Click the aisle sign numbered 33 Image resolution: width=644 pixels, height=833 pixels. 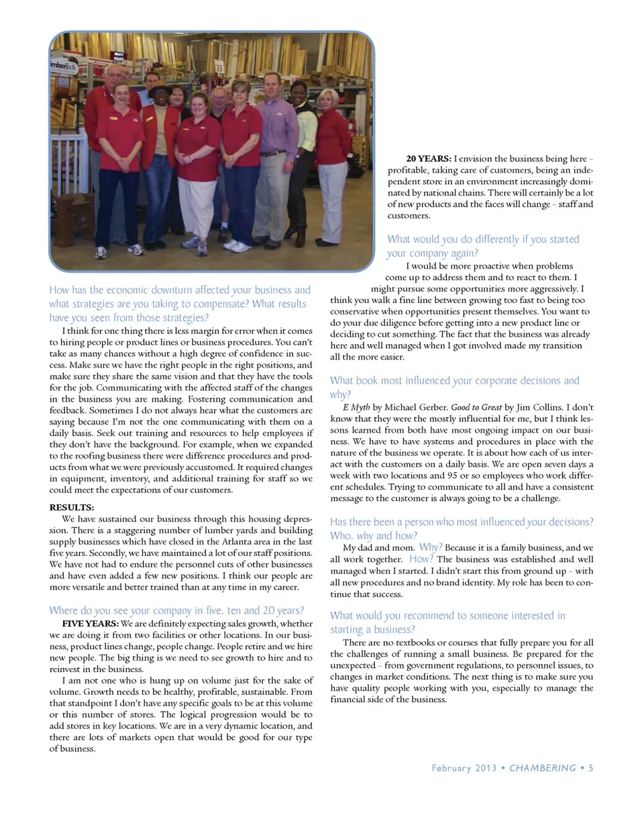point(219,68)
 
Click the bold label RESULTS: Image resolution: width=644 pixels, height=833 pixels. point(72,507)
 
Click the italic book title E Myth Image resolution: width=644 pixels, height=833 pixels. point(356,407)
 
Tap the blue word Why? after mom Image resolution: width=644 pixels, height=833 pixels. point(431,547)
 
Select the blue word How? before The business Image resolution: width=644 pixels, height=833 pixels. point(421,559)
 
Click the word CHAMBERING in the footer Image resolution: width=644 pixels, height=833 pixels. point(543,768)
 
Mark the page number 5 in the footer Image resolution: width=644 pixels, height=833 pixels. point(591,768)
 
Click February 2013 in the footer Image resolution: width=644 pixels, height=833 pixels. point(464,768)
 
